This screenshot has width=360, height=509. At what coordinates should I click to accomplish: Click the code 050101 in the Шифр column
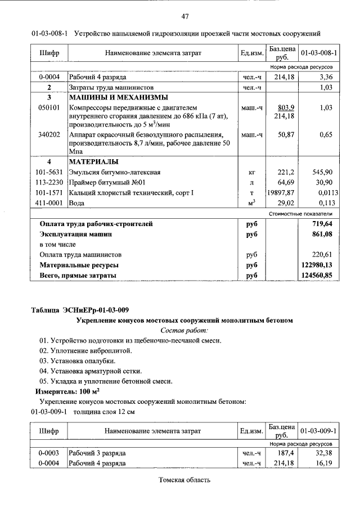48,107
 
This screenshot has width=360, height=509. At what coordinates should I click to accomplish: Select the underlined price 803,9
287,107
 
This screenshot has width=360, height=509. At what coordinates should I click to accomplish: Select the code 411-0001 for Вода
49,203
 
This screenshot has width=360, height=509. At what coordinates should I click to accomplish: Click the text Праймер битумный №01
107,183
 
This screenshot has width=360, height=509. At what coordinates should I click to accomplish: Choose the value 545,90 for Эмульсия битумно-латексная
322,173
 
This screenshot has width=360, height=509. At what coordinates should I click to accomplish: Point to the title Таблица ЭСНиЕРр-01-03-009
80,310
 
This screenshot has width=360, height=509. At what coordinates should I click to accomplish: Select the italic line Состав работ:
184,330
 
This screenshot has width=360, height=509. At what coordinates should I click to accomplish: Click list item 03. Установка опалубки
77,361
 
